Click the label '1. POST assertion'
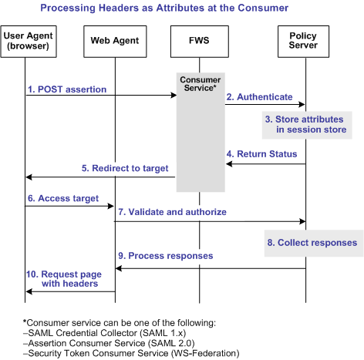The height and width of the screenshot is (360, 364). [66, 89]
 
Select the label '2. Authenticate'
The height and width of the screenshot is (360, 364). [259, 97]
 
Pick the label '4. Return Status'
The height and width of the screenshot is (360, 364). [261, 154]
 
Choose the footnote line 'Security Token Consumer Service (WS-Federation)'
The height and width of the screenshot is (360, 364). [122, 352]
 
